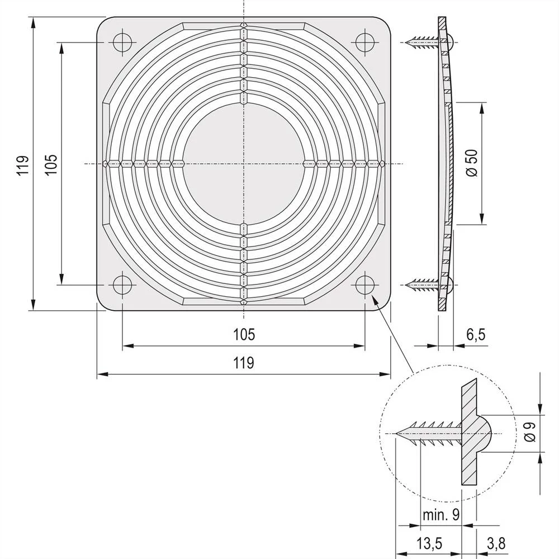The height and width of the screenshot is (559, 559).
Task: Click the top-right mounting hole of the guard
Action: tap(365, 42)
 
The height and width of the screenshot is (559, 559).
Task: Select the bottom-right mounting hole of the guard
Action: tap(365, 284)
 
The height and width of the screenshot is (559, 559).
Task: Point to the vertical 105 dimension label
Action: tap(51, 166)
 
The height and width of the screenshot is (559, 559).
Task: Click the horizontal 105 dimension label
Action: tap(244, 334)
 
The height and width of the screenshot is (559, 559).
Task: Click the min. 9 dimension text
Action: tap(442, 515)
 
